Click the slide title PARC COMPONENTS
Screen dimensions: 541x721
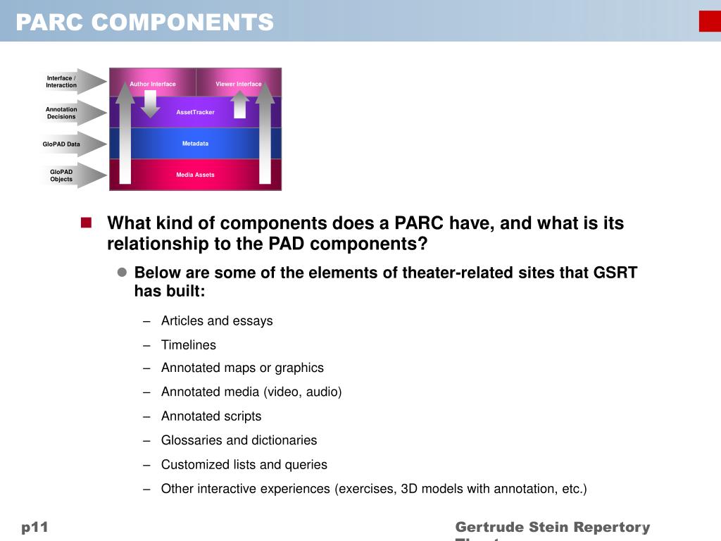[144, 23]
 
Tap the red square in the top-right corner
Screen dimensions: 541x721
[710, 21]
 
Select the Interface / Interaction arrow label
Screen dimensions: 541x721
[62, 82]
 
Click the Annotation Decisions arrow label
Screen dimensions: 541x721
[62, 113]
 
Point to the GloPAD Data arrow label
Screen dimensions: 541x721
[61, 144]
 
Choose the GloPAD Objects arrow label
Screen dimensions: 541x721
[61, 175]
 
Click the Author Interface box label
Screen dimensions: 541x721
[153, 84]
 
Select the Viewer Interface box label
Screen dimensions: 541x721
[239, 84]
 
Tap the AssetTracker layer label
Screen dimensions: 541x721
[195, 112]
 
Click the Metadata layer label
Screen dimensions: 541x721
[195, 144]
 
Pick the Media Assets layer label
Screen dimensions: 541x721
[195, 175]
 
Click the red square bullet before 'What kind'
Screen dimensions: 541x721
[87, 223]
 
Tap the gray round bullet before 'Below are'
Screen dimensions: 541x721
[121, 273]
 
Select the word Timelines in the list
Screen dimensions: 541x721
[189, 344]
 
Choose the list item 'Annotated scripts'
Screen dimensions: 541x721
[211, 416]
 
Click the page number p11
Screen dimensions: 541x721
[35, 527]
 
